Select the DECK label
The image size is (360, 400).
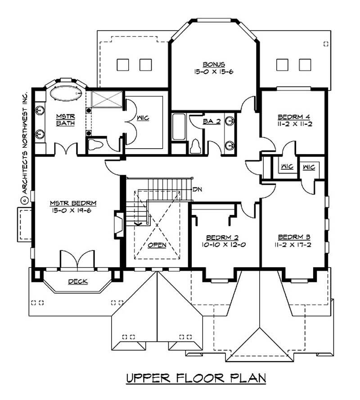click(77, 282)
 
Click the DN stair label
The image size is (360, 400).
click(196, 189)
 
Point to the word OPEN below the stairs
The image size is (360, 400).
click(157, 245)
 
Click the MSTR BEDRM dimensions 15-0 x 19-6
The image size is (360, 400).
click(74, 210)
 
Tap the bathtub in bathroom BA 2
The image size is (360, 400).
click(179, 127)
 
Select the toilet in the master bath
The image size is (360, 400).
click(96, 145)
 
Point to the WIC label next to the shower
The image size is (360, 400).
click(143, 118)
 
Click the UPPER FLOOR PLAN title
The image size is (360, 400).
click(196, 377)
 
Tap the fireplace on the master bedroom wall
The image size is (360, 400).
click(119, 224)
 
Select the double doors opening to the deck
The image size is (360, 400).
click(77, 261)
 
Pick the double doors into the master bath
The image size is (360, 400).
click(67, 149)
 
